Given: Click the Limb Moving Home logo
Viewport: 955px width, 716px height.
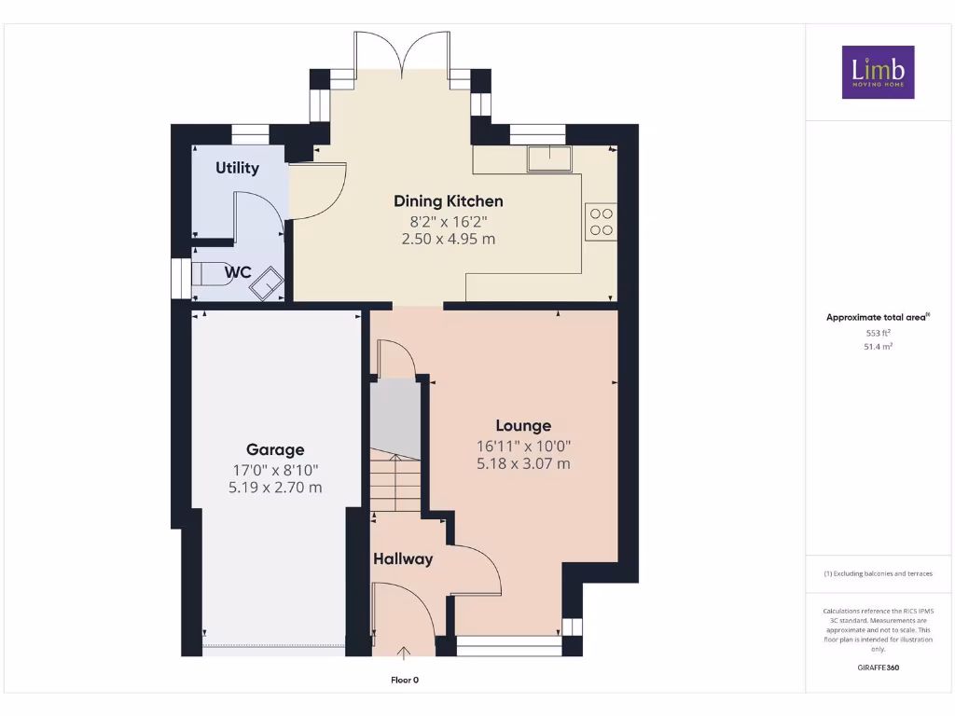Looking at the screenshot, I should pos(878,72).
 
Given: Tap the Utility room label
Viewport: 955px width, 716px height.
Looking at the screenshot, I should pos(237,169).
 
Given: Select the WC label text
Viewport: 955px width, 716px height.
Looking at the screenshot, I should pos(238,272).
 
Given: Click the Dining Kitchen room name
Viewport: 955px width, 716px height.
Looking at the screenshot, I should pos(448,201).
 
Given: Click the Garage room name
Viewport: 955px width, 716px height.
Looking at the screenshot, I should pos(275,449).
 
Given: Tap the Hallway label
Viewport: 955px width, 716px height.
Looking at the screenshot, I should pos(403,559).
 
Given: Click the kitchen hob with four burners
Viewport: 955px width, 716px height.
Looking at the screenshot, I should pos(601,221).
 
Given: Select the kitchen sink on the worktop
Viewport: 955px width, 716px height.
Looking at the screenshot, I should pos(548,159).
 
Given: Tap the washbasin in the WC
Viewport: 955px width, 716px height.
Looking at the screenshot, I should pos(267,282).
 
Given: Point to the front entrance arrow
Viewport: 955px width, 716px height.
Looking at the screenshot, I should pos(404,653).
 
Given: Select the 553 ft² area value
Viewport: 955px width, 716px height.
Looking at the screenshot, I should pos(878,332).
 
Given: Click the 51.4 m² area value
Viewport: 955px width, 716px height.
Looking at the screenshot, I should pos(878,346).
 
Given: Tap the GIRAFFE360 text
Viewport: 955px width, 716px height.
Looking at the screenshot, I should pos(878,668).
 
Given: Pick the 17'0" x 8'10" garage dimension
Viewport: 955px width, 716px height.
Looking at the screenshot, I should pos(275,469).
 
